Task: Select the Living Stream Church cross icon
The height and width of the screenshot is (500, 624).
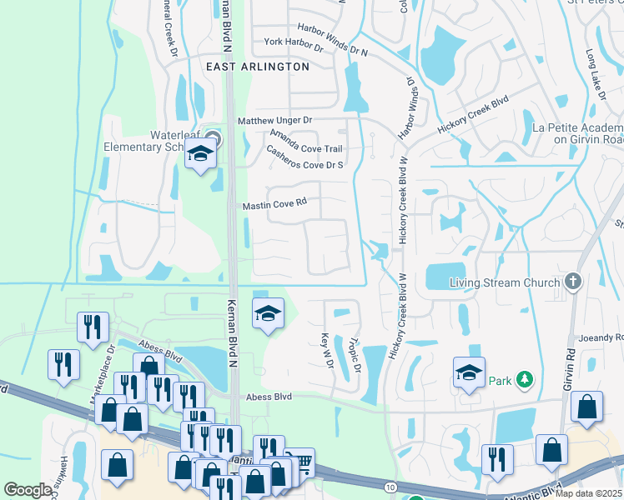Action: (572, 282)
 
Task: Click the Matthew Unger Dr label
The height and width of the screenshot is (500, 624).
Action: (274, 121)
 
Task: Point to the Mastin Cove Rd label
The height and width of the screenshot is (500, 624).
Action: (274, 203)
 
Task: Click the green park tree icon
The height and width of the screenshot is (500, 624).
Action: (524, 380)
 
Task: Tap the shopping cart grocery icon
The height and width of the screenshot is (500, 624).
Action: (304, 459)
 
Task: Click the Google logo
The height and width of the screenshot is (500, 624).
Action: (28, 490)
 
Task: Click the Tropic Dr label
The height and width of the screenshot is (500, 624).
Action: (354, 354)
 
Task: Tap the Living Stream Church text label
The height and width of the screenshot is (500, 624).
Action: (505, 282)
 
